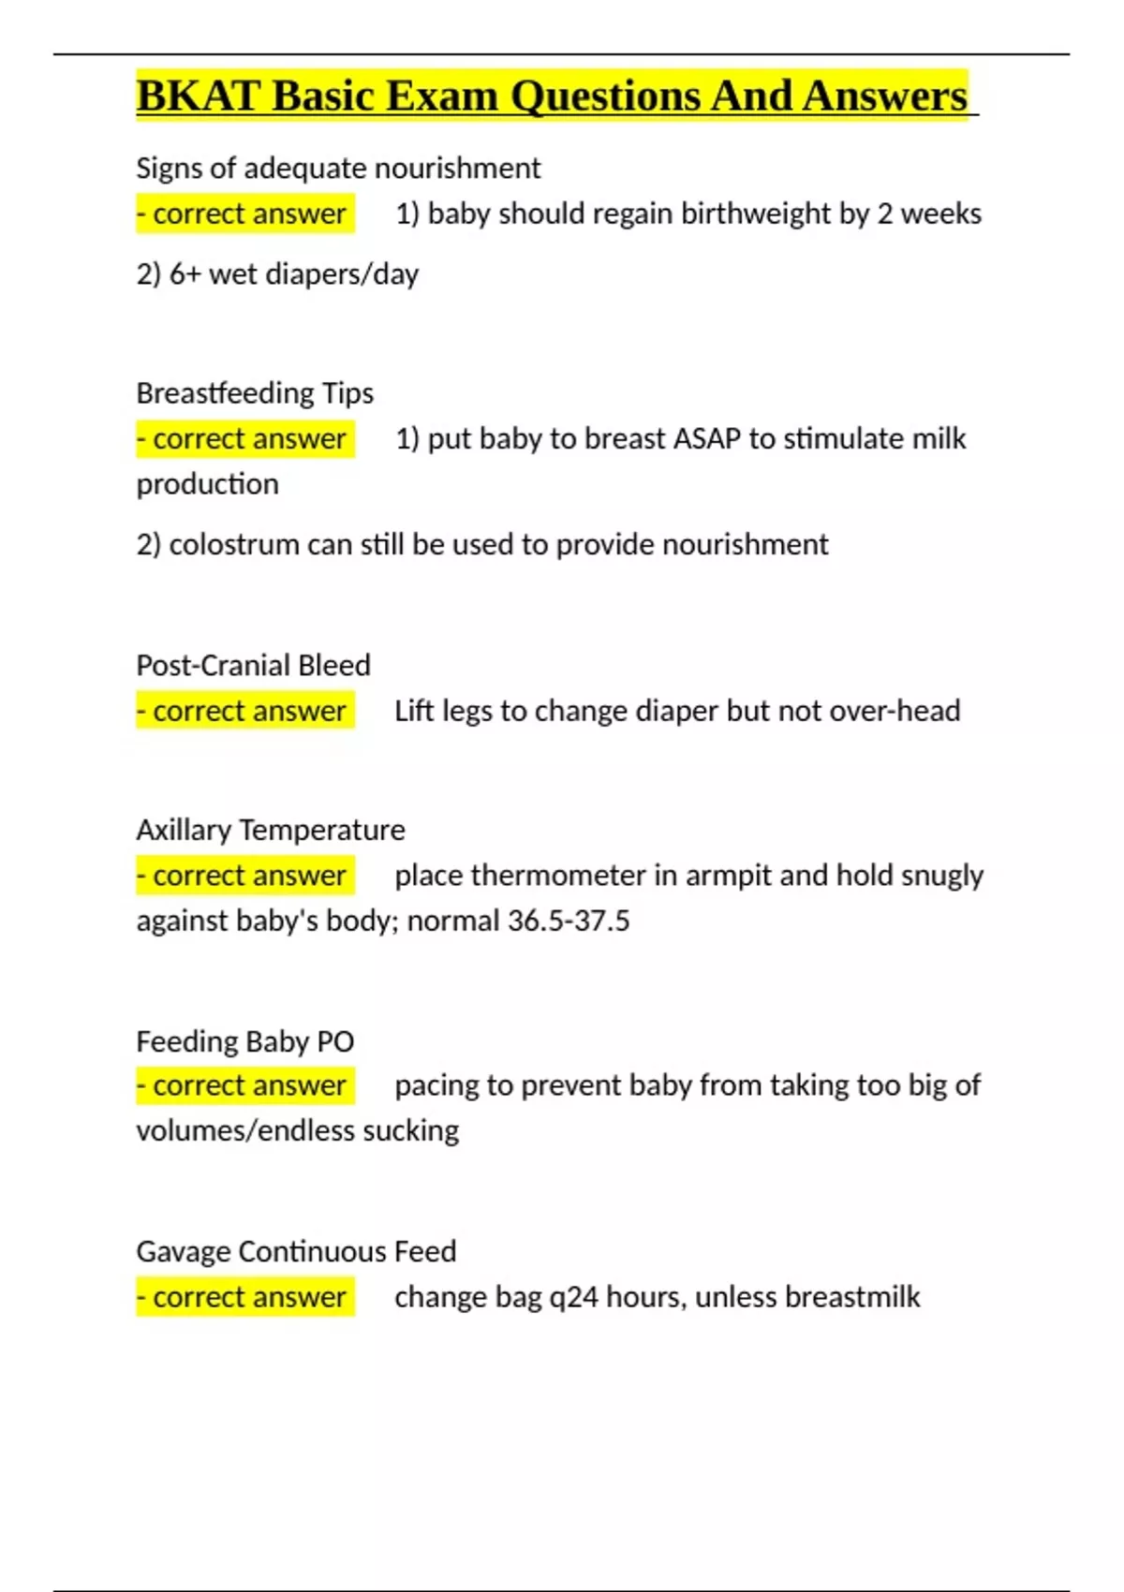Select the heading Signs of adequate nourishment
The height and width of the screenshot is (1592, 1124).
(338, 169)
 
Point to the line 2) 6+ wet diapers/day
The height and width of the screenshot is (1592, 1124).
(277, 274)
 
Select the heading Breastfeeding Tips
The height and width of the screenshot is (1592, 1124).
(255, 393)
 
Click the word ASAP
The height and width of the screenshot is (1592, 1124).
(696, 439)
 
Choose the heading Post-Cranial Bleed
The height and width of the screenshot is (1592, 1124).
(253, 666)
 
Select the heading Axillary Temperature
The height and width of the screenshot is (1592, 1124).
(271, 830)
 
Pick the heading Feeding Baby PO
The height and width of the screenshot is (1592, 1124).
(245, 1041)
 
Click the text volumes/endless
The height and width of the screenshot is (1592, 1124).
(245, 1131)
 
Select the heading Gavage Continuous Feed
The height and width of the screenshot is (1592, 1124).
(296, 1252)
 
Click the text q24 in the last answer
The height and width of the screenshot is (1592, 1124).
(572, 1298)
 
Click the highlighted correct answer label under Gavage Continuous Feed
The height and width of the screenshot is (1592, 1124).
(245, 1297)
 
